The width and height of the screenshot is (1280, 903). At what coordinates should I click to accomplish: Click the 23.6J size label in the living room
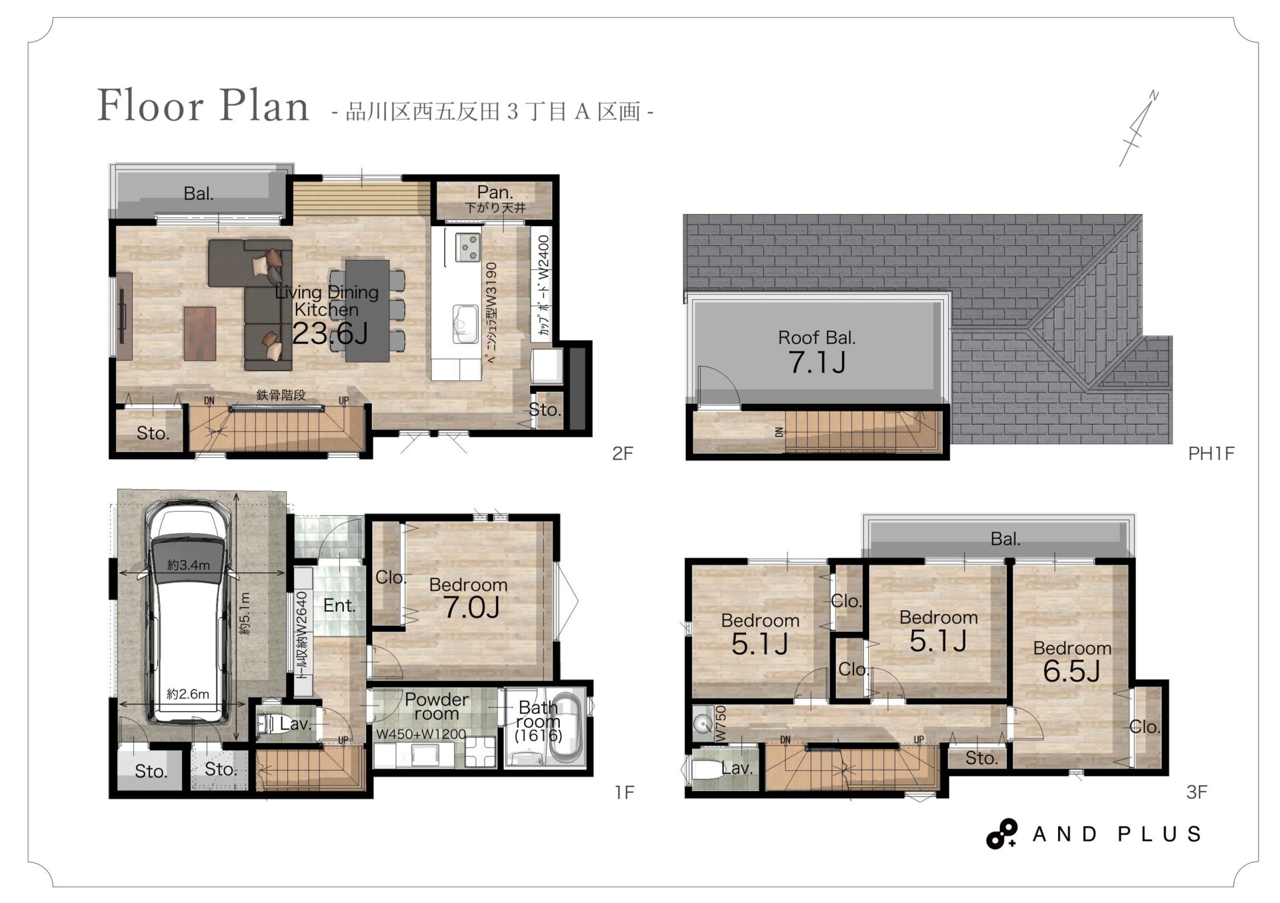330,333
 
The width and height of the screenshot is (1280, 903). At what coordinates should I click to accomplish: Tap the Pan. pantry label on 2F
495,192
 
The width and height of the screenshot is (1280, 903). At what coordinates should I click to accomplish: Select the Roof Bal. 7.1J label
817,352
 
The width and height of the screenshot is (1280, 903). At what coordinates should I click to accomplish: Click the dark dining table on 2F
367,311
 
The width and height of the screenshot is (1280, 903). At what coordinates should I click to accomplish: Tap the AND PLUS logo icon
1001,834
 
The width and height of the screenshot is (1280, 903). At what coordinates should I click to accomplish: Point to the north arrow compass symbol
1139,128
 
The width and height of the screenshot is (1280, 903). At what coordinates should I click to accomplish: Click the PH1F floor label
1211,454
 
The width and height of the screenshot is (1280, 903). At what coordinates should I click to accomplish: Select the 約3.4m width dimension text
189,565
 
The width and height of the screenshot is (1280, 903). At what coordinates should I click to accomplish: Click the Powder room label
437,706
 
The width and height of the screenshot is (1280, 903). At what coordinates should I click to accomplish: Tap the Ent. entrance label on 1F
339,605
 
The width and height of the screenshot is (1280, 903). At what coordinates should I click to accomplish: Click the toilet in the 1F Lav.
267,724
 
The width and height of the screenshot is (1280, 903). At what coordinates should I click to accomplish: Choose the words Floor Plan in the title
203,105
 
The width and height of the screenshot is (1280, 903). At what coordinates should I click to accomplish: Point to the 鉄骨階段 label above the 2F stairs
281,395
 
